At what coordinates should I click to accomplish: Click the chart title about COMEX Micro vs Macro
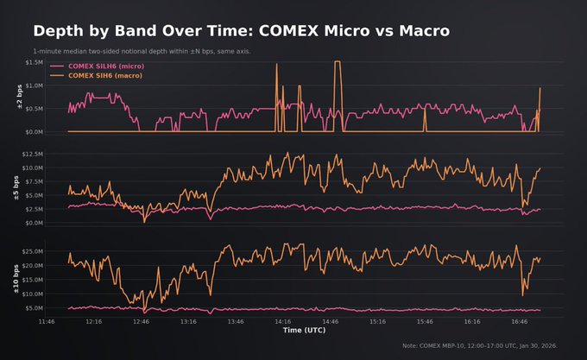click(241, 31)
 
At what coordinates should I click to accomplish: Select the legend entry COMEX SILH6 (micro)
click(107, 66)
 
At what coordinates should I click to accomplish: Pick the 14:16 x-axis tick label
click(282, 321)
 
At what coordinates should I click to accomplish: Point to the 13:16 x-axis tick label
click(188, 321)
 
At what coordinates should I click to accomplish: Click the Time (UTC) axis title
click(305, 330)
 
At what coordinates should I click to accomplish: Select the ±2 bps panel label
click(18, 98)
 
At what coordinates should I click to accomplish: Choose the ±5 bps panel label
click(18, 188)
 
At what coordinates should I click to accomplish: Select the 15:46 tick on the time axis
click(424, 321)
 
